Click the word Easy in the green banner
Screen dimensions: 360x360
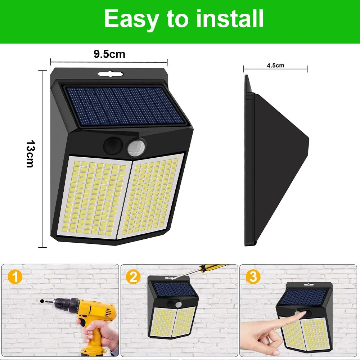tap(131, 19)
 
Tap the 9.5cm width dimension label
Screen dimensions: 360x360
tap(109, 54)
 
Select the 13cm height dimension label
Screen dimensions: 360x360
tap(31, 154)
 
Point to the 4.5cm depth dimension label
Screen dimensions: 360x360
tap(275, 66)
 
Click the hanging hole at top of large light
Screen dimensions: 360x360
tap(111, 74)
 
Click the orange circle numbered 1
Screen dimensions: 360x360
tap(15, 276)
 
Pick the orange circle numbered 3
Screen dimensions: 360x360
tap(253, 276)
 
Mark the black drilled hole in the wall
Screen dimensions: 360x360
tap(42, 301)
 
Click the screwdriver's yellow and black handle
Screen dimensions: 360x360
tap(212, 268)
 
